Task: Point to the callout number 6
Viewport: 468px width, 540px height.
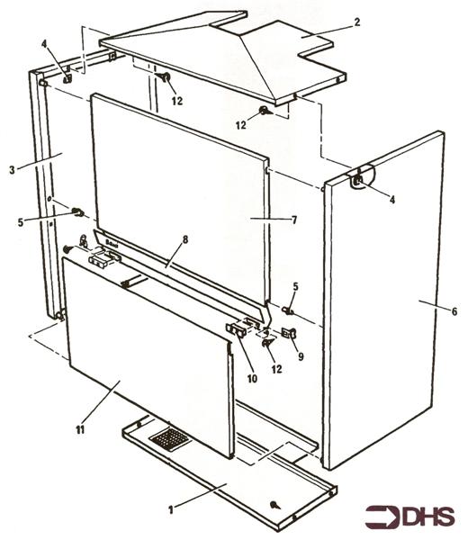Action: (454, 311)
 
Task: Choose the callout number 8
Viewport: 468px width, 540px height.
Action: (184, 240)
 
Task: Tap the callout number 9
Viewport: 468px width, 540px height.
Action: (301, 355)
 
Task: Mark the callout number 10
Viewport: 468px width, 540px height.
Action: (252, 379)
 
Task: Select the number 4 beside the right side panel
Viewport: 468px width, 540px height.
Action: (391, 200)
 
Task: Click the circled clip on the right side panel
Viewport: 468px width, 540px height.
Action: (359, 180)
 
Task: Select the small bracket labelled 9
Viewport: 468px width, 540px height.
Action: (290, 333)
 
